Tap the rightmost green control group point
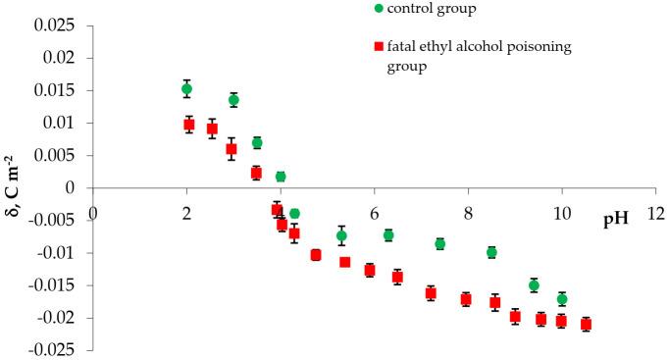click(562, 299)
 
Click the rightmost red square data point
click(586, 324)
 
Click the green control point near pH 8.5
click(491, 252)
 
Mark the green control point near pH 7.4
click(440, 243)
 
